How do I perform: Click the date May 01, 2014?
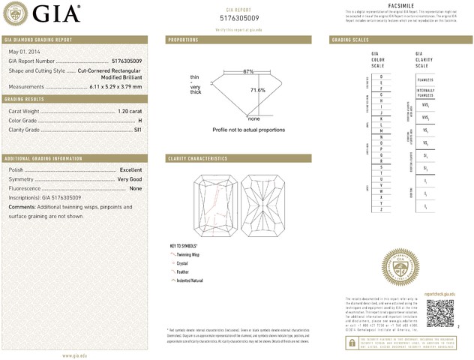point(25,50)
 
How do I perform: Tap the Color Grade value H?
point(139,120)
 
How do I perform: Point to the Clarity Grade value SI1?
point(137,130)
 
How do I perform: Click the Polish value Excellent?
point(130,170)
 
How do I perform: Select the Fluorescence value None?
point(136,189)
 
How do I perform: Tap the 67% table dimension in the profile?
point(248,71)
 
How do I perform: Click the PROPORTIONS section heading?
point(184,39)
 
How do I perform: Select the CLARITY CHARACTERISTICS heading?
point(198,159)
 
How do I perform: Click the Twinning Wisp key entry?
point(190,255)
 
